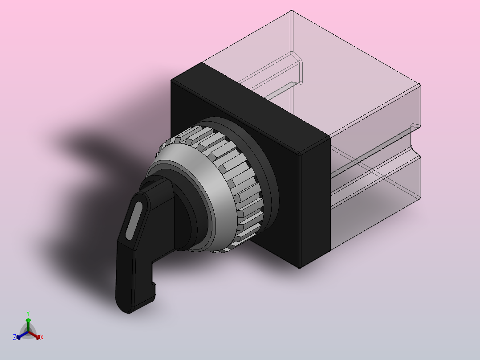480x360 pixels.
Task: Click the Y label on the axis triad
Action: (28, 313)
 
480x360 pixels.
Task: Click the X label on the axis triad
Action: (42, 337)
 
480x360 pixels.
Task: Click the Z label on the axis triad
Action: (14, 337)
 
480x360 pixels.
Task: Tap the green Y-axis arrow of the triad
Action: (28, 325)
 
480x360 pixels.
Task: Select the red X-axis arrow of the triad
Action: (34, 335)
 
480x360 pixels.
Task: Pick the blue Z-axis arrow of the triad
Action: (22, 335)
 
